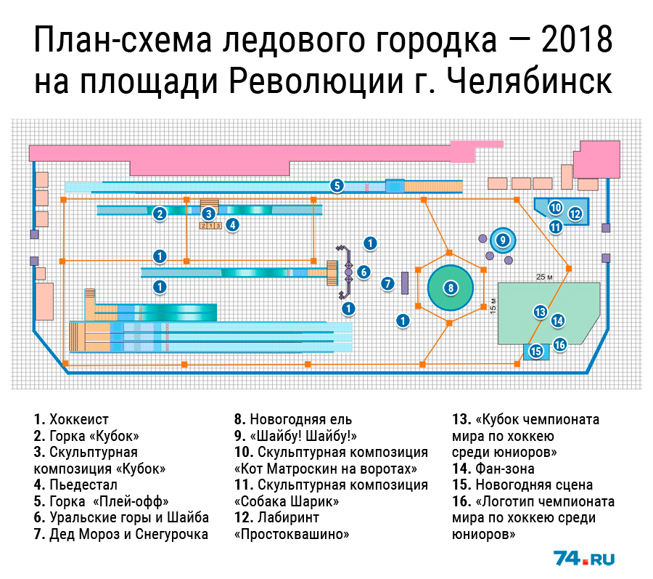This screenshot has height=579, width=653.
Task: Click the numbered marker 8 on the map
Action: pos(451,288)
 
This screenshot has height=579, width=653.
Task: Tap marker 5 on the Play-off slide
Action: pos(337,185)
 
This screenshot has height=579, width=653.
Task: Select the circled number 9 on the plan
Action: pos(503,240)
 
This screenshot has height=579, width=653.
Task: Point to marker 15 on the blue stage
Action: pos(536,351)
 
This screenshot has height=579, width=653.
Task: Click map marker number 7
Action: pos(387,284)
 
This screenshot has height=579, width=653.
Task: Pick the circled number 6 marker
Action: pos(364,272)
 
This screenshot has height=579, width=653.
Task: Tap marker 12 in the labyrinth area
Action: pos(575,214)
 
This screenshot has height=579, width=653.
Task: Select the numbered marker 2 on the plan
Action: pos(160,214)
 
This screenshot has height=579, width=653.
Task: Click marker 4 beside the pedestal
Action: pos(232,225)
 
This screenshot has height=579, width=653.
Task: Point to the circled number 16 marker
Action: pos(559,344)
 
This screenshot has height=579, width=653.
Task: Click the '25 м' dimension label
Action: pos(544,277)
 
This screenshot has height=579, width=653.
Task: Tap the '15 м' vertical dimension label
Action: pos(493,306)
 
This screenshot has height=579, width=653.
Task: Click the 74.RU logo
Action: pos(584,558)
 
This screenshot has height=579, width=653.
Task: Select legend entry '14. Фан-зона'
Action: pos(493,469)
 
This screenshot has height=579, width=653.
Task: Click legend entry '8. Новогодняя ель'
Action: pos(293,419)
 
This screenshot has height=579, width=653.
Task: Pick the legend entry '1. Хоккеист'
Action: pos(71,419)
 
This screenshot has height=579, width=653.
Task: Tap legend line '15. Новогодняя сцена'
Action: pos(522,485)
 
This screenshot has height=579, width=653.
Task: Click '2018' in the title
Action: pos(577,40)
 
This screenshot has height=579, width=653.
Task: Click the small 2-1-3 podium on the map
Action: pos(210,226)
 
